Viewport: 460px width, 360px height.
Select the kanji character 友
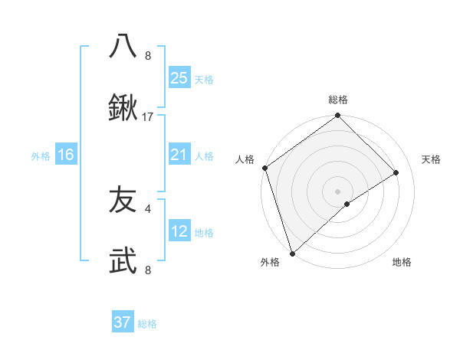[x=123, y=201]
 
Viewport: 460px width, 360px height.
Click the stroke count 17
[x=148, y=117]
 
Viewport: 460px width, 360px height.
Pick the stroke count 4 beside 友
[x=148, y=208]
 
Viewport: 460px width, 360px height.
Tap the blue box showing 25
[x=179, y=78]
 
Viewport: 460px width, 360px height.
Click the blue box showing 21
[x=179, y=155]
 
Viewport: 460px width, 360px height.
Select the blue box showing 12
[x=179, y=231]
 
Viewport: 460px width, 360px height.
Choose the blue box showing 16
[x=66, y=155]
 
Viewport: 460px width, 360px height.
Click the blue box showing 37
[x=122, y=322]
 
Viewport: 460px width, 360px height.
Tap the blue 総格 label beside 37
[x=147, y=324]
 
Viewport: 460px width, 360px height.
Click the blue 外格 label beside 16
[x=41, y=156]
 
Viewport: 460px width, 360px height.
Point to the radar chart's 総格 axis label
[x=338, y=100]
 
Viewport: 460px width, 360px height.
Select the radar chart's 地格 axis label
[x=402, y=262]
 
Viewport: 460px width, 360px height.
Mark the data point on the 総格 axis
[x=338, y=116]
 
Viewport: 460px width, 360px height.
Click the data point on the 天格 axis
[x=396, y=172]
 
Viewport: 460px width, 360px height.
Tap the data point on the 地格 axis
[x=347, y=204]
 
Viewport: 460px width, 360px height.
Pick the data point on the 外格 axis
[x=291, y=253]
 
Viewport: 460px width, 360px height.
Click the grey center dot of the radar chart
[x=338, y=191]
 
